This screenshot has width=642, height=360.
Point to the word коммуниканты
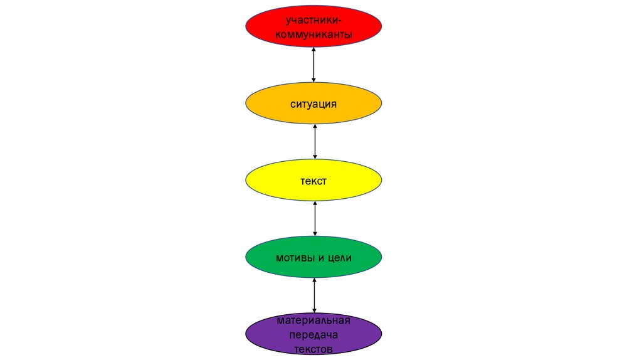tap(313, 34)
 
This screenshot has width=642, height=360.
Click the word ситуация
tap(313, 103)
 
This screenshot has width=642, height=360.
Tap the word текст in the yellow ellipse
tap(313, 181)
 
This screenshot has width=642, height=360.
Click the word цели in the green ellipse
tap(339, 258)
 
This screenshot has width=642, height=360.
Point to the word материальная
tap(313, 322)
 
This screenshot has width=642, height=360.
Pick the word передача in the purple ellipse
tap(313, 336)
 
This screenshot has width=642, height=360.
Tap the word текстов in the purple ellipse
tap(313, 349)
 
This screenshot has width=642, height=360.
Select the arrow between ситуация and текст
tap(315, 142)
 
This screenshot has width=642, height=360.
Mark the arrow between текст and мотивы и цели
tap(315, 218)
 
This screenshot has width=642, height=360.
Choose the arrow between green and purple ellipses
tap(314, 295)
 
